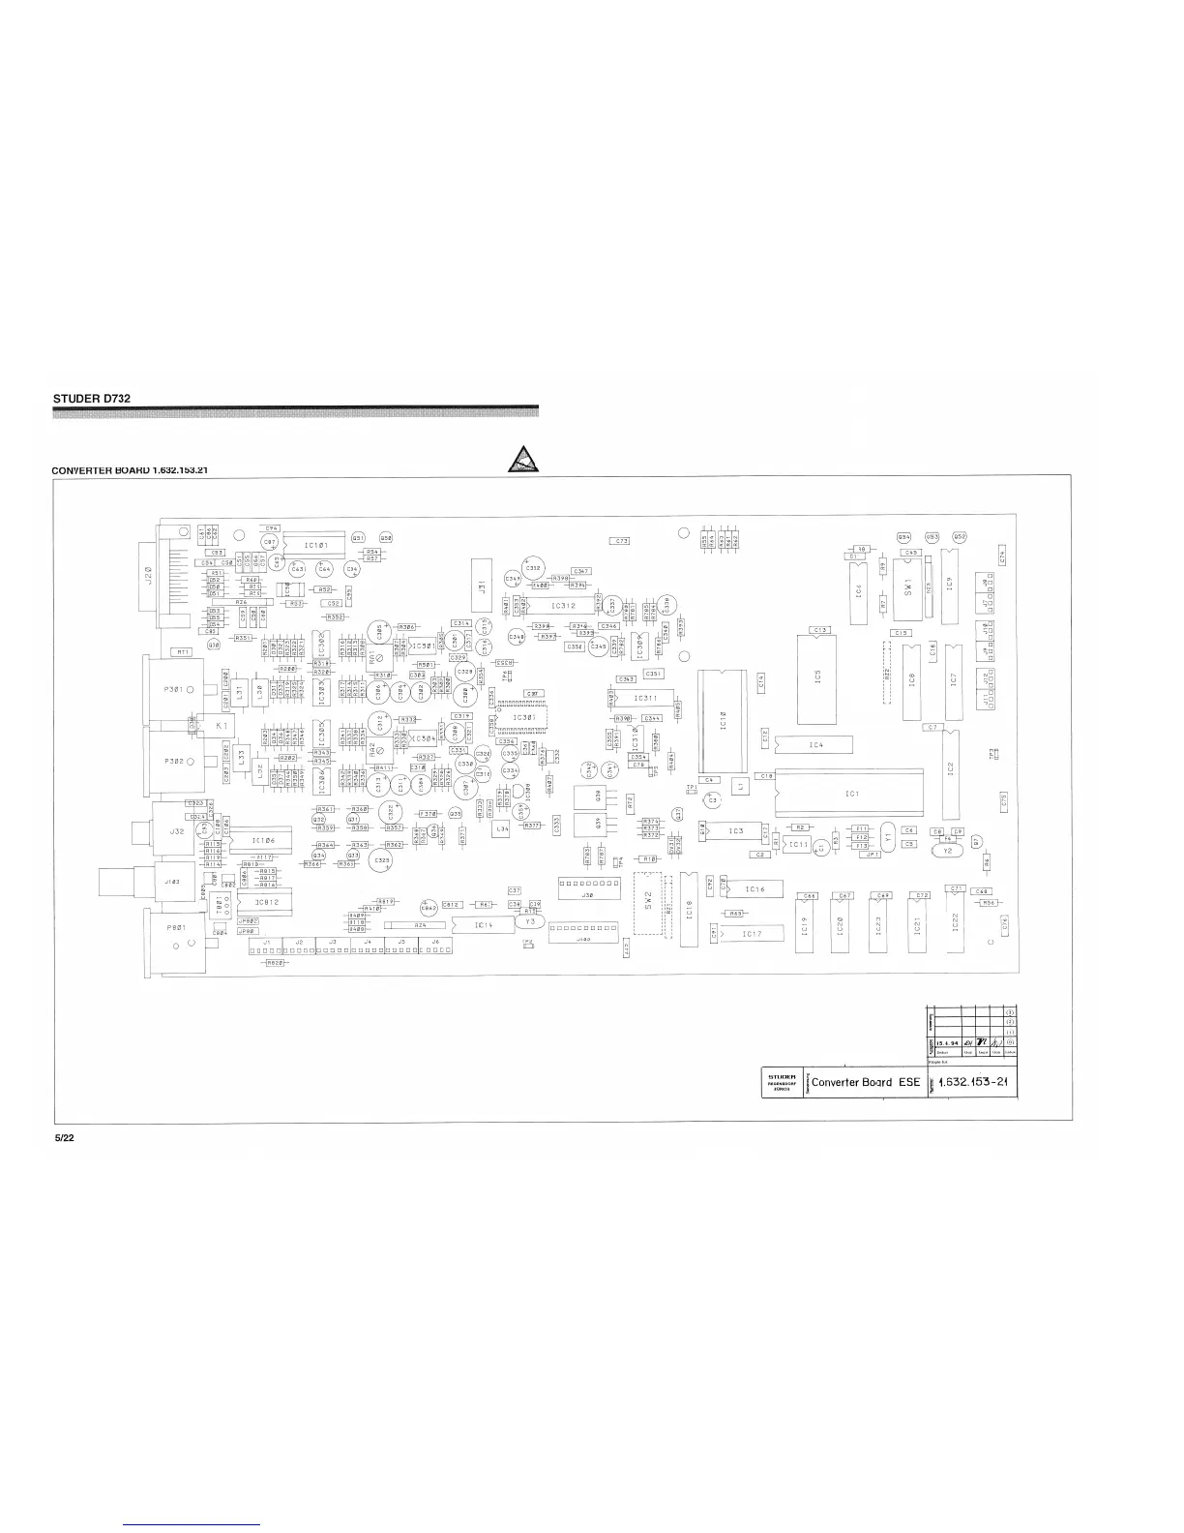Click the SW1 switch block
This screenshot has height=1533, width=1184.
pyautogui.click(x=907, y=589)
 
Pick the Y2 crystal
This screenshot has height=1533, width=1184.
pyautogui.click(x=947, y=851)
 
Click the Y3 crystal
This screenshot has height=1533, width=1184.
pyautogui.click(x=529, y=921)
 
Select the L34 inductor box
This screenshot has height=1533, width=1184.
pyautogui.click(x=502, y=829)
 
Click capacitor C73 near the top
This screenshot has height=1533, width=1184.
pyautogui.click(x=620, y=541)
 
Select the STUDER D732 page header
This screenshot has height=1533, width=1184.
pyautogui.click(x=90, y=398)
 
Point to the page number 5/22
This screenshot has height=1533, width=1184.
pyautogui.click(x=63, y=1137)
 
